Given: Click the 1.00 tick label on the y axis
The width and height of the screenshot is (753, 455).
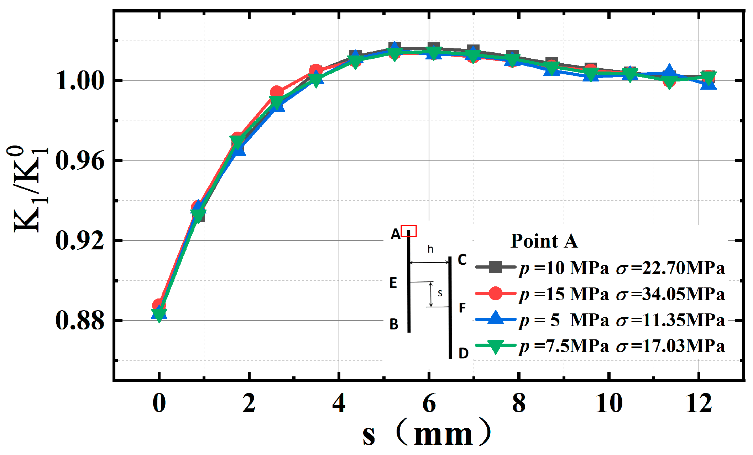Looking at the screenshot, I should click(x=79, y=81).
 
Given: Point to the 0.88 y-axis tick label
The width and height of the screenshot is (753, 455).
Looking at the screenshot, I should click(x=79, y=321).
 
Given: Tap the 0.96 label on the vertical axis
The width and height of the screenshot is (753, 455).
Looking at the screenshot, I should click(x=79, y=161).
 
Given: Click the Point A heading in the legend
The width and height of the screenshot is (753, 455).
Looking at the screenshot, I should click(x=544, y=241).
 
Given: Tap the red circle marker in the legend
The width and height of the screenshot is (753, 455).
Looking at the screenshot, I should click(x=495, y=294).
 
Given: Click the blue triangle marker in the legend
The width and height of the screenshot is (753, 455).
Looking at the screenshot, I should click(x=495, y=318).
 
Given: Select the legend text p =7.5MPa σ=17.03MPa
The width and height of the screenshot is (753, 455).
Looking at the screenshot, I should click(x=621, y=346).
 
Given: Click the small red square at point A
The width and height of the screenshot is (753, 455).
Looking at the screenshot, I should click(x=409, y=231).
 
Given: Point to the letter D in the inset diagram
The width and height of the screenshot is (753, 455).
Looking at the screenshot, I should click(x=463, y=353).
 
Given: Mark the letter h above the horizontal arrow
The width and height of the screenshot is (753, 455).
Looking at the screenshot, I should click(x=430, y=249).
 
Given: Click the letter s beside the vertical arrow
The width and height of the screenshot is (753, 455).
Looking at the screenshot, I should click(x=440, y=293).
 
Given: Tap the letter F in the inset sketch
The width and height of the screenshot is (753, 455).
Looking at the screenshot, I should click(x=462, y=308).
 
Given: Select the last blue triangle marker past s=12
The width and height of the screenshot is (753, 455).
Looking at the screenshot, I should click(x=708, y=84).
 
